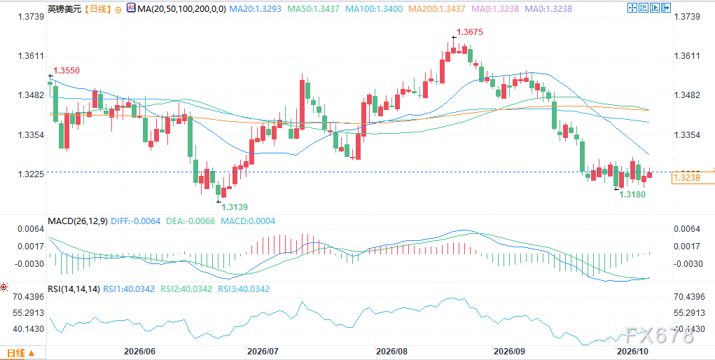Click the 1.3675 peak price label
coord(469,32)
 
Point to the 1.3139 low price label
coord(235,207)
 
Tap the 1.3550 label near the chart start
coord(67,70)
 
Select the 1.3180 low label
coord(632,195)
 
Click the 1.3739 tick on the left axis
coord(31,17)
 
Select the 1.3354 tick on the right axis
coord(686,135)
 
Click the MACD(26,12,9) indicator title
coord(78,221)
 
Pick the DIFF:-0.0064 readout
coord(135,221)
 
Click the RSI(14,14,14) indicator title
coord(73,289)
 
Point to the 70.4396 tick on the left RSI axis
coord(28,296)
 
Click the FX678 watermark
coord(659,336)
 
